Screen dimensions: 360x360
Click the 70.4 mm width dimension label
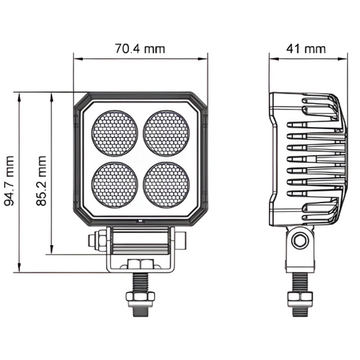[x=140, y=49]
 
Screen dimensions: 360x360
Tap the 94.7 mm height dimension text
[x=9, y=181]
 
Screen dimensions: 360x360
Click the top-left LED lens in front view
[x=113, y=130]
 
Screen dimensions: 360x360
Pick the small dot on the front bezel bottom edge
[x=139, y=221]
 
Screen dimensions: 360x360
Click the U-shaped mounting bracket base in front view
[x=139, y=263]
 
